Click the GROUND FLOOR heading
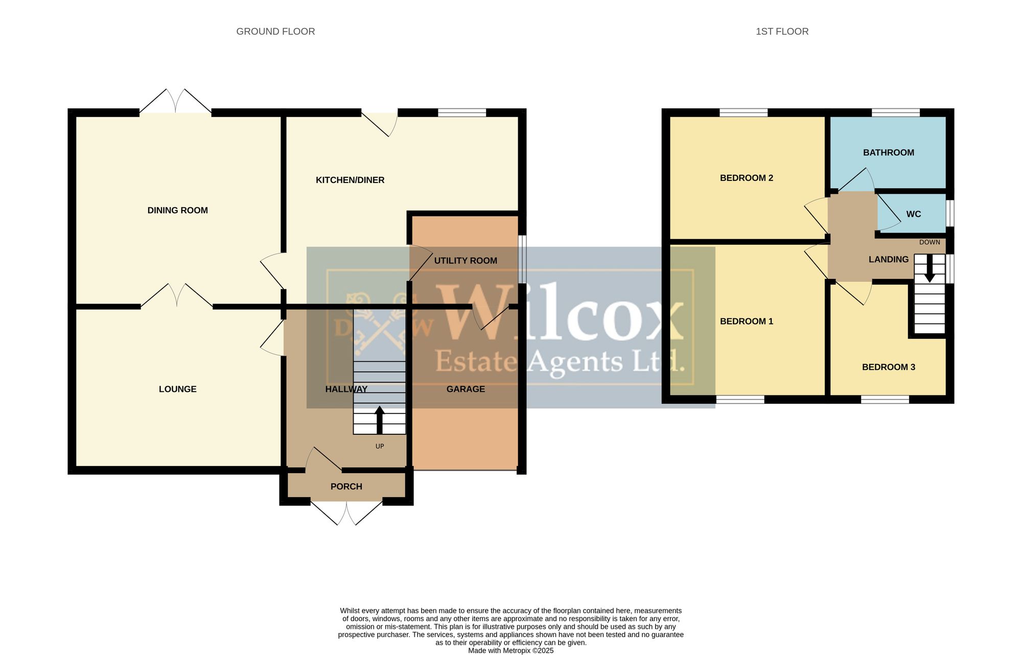coord(275,32)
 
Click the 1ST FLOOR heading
coord(782,32)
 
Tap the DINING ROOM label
coord(177,210)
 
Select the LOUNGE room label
coord(177,389)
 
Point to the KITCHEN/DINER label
coord(350,180)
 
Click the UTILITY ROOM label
coord(466,261)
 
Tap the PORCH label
coord(346,487)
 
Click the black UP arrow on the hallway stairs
coord(379,420)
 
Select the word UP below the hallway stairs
coord(380,447)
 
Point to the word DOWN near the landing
coord(930,243)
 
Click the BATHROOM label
coord(889,153)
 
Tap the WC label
coord(914,215)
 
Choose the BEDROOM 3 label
coord(889,367)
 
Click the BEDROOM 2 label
coord(747,178)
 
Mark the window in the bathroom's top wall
coord(896,112)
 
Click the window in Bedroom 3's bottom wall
coord(885,400)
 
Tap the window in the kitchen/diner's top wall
coord(462,112)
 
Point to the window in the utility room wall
coord(522,259)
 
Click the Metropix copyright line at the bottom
coord(511,651)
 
